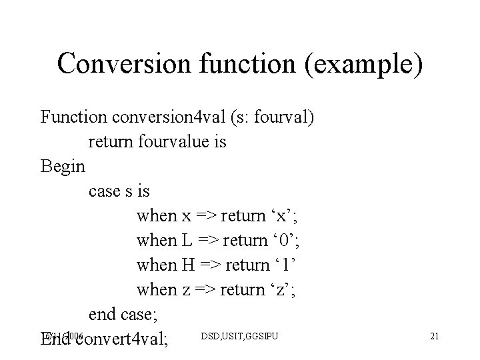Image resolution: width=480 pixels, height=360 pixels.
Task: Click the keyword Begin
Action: point(63,166)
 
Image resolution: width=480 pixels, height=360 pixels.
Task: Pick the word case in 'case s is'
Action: point(102,191)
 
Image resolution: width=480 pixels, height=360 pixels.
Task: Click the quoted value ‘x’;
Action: point(285,215)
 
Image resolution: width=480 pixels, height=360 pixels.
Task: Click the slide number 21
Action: point(434,335)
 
